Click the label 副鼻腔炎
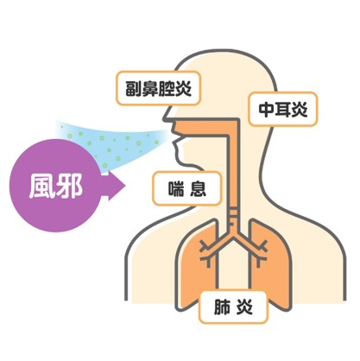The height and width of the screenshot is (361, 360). pyautogui.click(x=158, y=88)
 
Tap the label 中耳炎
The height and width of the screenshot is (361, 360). pyautogui.click(x=283, y=109)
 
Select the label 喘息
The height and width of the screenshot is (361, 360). pyautogui.click(x=187, y=188)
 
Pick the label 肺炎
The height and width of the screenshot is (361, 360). pyautogui.click(x=233, y=307)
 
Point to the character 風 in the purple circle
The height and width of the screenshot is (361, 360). pyautogui.click(x=41, y=187)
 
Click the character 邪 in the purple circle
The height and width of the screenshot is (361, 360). pyautogui.click(x=69, y=187)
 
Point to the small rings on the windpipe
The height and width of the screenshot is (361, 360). pyautogui.click(x=233, y=216)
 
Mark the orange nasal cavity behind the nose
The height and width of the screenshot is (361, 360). pyautogui.click(x=201, y=127)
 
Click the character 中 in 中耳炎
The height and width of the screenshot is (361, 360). pyautogui.click(x=266, y=110)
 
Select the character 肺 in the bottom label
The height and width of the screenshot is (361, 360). pyautogui.click(x=222, y=307)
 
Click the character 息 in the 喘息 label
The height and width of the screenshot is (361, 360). pyautogui.click(x=199, y=189)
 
